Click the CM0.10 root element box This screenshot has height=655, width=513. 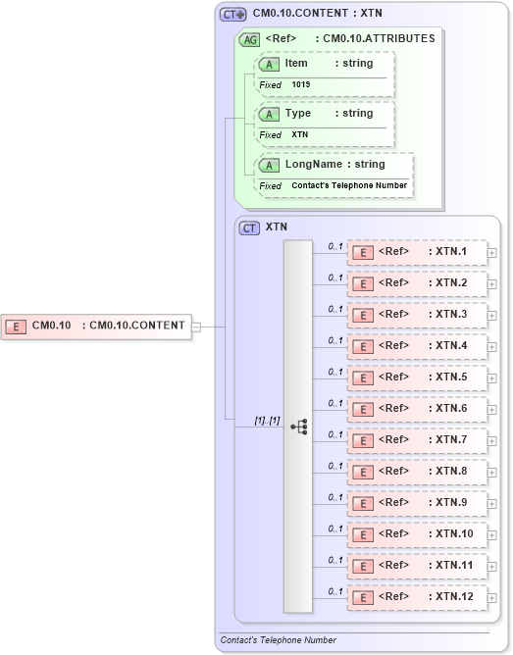tap(97, 326)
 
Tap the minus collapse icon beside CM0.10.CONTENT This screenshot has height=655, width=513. tap(196, 327)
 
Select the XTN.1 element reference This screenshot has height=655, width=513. tap(417, 252)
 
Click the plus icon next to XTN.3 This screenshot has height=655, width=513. tap(491, 316)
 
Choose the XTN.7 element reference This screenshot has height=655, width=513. tap(417, 440)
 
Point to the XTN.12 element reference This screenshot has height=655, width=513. tap(417, 597)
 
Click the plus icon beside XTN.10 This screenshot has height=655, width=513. tap(491, 535)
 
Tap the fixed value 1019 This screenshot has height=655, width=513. tap(300, 85)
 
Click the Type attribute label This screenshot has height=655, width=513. tap(297, 114)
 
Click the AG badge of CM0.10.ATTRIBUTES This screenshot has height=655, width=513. tap(249, 39)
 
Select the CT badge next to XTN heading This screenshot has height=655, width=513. tap(249, 227)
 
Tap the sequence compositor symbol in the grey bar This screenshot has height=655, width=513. tap(299, 427)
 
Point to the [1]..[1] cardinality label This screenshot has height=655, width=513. tap(267, 421)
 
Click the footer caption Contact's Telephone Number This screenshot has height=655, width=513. tap(279, 640)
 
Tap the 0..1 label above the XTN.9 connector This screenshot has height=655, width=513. tap(335, 497)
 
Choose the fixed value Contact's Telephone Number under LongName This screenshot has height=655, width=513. tap(349, 185)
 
